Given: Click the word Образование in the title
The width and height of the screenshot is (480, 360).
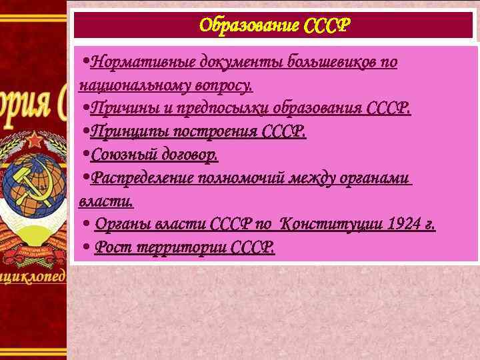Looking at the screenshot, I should tap(249, 26).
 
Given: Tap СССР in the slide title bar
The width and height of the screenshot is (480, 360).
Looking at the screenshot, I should tap(326, 26).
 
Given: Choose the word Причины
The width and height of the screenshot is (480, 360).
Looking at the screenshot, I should tap(116, 109).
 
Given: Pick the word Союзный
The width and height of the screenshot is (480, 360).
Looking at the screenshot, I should tap(118, 155).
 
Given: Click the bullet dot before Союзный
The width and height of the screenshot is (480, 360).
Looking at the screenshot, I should tap(86, 155).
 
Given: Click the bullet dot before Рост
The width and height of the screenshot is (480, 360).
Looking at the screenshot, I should tap(86, 247).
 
